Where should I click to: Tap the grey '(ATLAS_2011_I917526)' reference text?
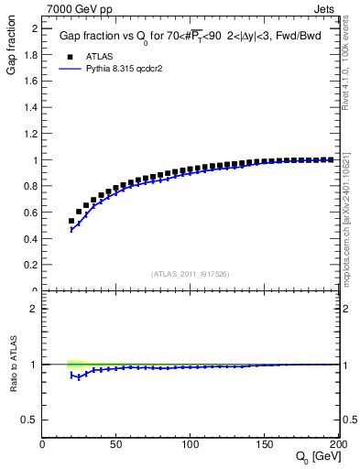click(190, 274)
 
